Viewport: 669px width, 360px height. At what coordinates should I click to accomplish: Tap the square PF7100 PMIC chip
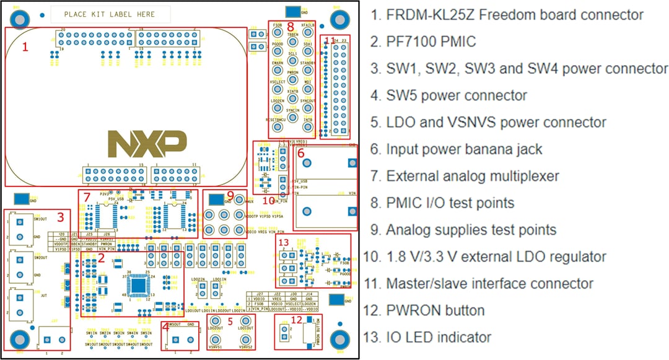tap(139, 284)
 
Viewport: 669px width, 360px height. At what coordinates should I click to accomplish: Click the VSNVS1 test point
tap(215, 340)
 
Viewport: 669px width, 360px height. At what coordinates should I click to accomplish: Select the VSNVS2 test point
tap(245, 340)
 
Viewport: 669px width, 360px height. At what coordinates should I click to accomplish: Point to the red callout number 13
tap(284, 242)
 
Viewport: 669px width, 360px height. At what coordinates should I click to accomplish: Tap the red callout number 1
tap(25, 46)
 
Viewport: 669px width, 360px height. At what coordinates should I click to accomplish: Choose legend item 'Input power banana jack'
tap(465, 149)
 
